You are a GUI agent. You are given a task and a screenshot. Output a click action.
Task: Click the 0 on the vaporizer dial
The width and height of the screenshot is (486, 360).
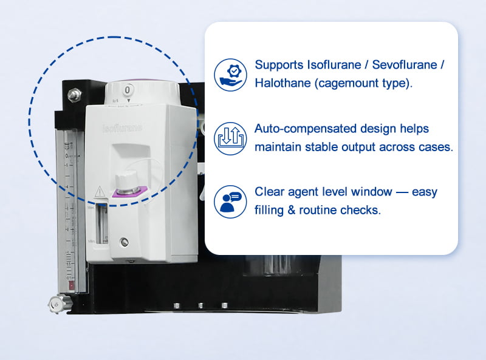click(x=128, y=90)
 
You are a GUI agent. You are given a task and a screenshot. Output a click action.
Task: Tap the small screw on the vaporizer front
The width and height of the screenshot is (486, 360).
click(x=125, y=242)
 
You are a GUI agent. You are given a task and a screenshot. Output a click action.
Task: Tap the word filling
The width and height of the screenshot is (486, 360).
click(x=272, y=211)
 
